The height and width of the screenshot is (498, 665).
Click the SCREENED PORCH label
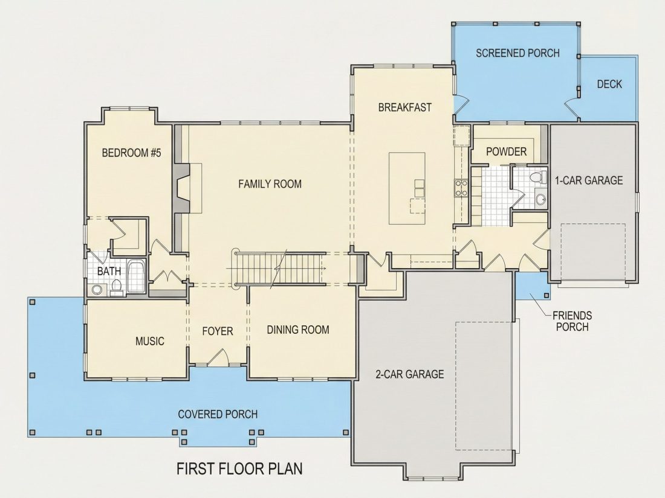point(517,53)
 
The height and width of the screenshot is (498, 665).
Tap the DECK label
point(609,84)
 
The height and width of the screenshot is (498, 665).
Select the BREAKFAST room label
point(404,107)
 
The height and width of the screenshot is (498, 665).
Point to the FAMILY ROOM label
point(270,184)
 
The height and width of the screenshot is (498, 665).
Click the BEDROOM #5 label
point(131,153)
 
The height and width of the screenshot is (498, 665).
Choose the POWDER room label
point(506,151)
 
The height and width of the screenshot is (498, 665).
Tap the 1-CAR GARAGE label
point(589,180)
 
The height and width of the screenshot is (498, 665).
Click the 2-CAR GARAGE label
point(410,374)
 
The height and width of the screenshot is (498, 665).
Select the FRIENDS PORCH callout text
point(572,321)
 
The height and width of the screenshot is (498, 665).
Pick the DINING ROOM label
point(297,330)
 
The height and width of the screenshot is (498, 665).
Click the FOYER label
point(218,331)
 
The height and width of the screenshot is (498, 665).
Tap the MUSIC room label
point(150,341)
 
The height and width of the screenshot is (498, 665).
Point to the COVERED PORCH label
point(218,413)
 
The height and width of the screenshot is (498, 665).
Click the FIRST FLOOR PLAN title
point(239,469)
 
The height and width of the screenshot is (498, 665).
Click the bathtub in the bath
point(137,277)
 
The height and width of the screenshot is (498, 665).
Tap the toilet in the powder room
point(538,177)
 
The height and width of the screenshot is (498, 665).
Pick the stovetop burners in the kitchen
point(461,188)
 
